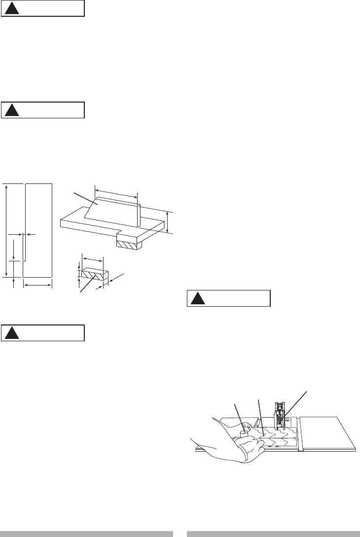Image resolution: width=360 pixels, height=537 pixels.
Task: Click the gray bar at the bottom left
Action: click(87, 534)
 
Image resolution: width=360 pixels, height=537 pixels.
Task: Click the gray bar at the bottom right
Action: click(273, 534)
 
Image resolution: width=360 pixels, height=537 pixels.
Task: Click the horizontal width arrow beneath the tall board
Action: click(37, 285)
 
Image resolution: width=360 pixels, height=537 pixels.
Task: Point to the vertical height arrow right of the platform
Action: click(168, 222)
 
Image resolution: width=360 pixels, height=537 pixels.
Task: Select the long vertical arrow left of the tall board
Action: click(6, 229)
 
